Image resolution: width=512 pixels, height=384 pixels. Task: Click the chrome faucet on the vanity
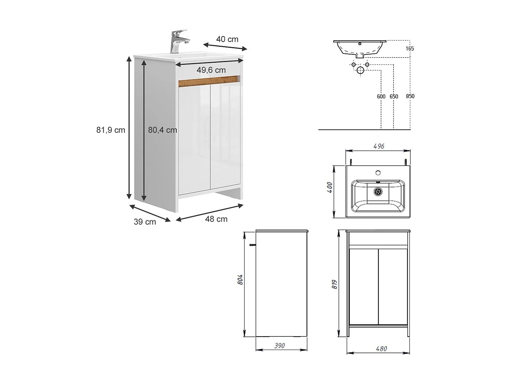click(x=178, y=41)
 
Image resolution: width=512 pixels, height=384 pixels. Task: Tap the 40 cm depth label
click(x=227, y=39)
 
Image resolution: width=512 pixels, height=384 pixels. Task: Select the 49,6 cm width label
click(x=211, y=70)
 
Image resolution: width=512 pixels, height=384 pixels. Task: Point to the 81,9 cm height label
click(x=111, y=130)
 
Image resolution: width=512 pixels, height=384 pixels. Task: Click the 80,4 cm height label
click(x=162, y=130)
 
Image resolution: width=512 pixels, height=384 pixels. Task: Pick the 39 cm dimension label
click(x=145, y=222)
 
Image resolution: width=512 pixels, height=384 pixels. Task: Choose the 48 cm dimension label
click(x=216, y=219)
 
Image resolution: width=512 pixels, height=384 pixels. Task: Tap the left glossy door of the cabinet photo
click(x=194, y=139)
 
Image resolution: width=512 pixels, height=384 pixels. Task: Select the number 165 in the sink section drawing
click(x=410, y=49)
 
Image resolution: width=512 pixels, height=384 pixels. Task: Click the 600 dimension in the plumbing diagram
click(x=381, y=96)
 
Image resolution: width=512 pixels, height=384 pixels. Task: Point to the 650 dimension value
click(x=394, y=96)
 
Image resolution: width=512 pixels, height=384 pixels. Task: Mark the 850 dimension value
click(x=410, y=96)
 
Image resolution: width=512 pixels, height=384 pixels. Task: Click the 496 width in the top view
click(x=379, y=146)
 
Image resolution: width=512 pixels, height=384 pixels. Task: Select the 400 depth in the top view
click(x=330, y=187)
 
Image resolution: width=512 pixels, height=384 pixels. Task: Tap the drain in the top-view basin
click(x=378, y=191)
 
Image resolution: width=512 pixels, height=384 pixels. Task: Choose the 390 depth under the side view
click(x=279, y=346)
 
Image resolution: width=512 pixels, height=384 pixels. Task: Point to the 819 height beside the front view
click(x=335, y=284)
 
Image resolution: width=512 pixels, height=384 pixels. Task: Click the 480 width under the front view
click(x=381, y=349)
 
